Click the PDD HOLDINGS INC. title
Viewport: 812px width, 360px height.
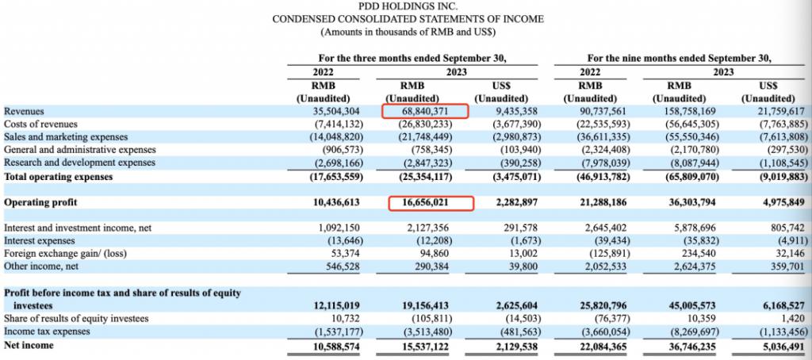(x=408, y=6)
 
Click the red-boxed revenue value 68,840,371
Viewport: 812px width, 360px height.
(x=425, y=111)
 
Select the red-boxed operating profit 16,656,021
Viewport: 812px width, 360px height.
(x=426, y=202)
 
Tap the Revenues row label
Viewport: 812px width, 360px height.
(x=24, y=111)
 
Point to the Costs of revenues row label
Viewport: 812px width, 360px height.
(x=40, y=124)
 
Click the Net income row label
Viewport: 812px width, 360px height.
(x=29, y=345)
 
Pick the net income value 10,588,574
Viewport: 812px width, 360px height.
(x=336, y=345)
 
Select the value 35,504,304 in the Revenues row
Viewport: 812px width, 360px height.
(x=336, y=111)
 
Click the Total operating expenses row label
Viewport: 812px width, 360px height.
(x=58, y=177)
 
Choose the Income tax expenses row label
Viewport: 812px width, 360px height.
(x=47, y=331)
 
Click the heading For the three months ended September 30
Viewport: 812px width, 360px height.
(x=412, y=59)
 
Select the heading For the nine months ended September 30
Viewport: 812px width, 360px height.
(x=680, y=59)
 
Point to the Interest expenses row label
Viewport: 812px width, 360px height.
(x=40, y=241)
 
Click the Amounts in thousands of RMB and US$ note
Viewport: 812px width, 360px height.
(x=408, y=33)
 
